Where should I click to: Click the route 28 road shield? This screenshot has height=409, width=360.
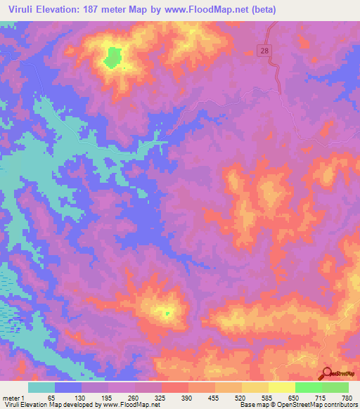(x=264, y=52)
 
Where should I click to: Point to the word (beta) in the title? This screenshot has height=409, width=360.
(x=258, y=10)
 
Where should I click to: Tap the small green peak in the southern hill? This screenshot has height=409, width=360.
(x=167, y=313)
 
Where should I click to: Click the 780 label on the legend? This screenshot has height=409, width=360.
(x=345, y=397)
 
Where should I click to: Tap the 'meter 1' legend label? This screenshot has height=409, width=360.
(x=13, y=397)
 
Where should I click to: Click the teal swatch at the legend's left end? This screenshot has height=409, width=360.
(x=41, y=387)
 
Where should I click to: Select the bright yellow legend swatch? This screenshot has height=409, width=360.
(x=282, y=387)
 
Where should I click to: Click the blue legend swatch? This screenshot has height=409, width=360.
(x=68, y=387)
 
